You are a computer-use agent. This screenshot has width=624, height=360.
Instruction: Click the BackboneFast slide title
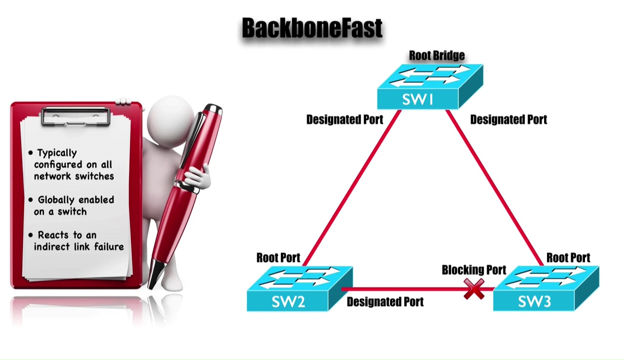pyautogui.click(x=312, y=28)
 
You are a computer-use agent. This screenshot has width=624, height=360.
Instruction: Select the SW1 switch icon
pyautogui.click(x=429, y=87)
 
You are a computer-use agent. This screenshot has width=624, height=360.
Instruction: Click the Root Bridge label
pyautogui.click(x=436, y=56)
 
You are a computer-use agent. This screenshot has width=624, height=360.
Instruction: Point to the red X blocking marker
pyautogui.click(x=474, y=289)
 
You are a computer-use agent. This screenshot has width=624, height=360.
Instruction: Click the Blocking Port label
pyautogui.click(x=474, y=270)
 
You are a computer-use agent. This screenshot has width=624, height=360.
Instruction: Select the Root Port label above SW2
pyautogui.click(x=278, y=258)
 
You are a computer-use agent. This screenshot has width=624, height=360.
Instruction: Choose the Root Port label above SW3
pyautogui.click(x=568, y=258)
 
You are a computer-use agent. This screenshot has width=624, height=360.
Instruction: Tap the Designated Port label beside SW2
pyautogui.click(x=385, y=302)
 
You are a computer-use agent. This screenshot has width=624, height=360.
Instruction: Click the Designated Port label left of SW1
pyautogui.click(x=345, y=120)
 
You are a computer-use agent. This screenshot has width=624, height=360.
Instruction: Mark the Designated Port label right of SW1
pyautogui.click(x=508, y=120)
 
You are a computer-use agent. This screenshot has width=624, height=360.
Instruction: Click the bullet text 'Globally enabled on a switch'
pyautogui.click(x=73, y=205)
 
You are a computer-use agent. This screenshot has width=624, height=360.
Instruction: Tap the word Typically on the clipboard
pyautogui.click(x=57, y=153)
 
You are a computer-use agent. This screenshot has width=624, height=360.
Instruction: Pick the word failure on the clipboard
pyautogui.click(x=109, y=247)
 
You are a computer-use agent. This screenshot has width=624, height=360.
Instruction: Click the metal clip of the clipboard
pyautogui.click(x=76, y=116)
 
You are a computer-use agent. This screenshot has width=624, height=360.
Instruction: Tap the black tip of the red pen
pyautogui.click(x=156, y=276)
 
